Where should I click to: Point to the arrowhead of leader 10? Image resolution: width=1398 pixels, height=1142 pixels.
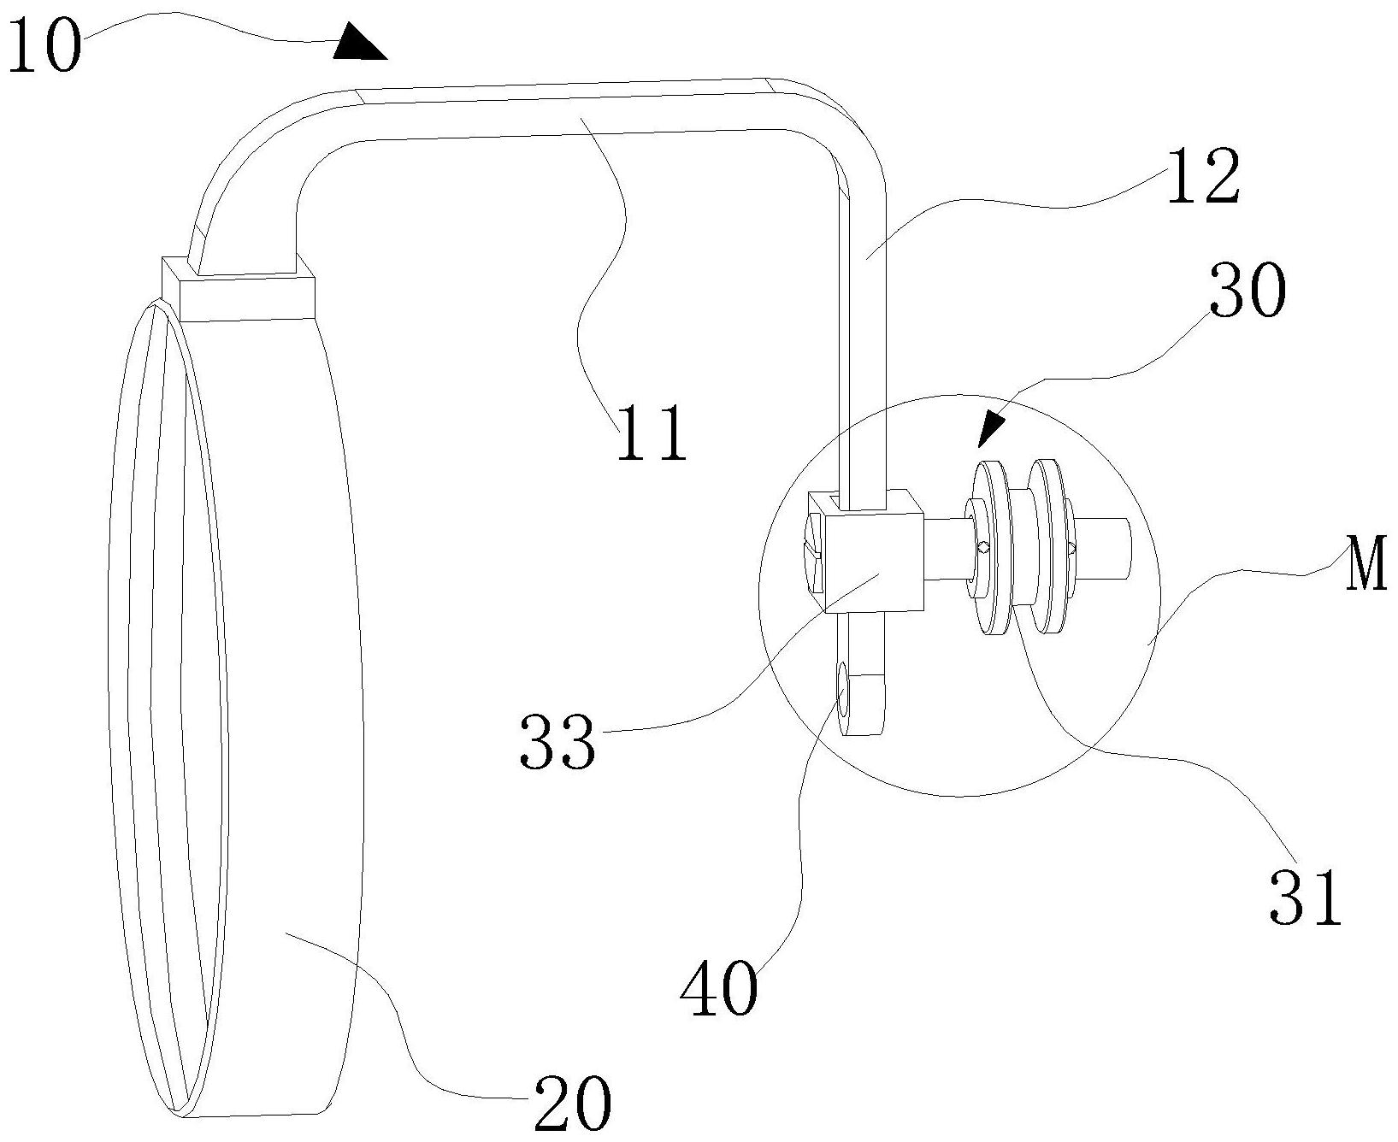(x=358, y=44)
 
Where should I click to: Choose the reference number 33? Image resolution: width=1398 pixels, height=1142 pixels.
(x=557, y=742)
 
